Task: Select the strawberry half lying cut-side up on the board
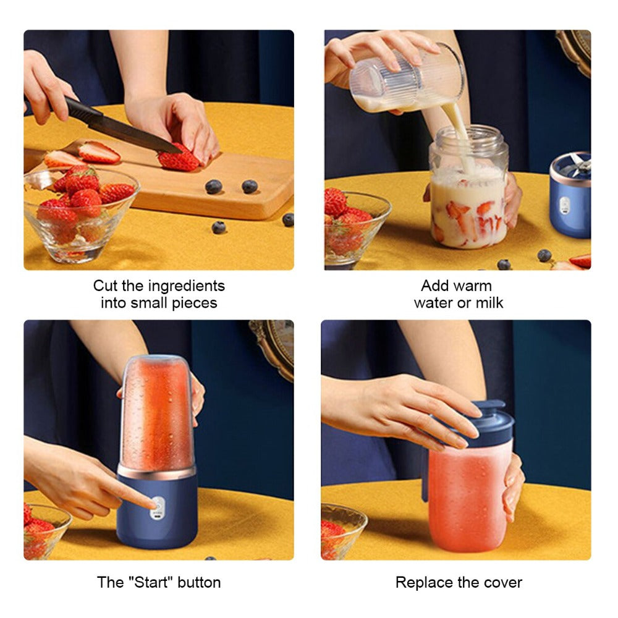click(99, 152)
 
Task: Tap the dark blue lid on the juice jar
click(488, 423)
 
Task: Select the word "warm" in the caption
click(474, 286)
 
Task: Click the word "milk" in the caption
click(488, 303)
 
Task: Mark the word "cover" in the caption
click(503, 582)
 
